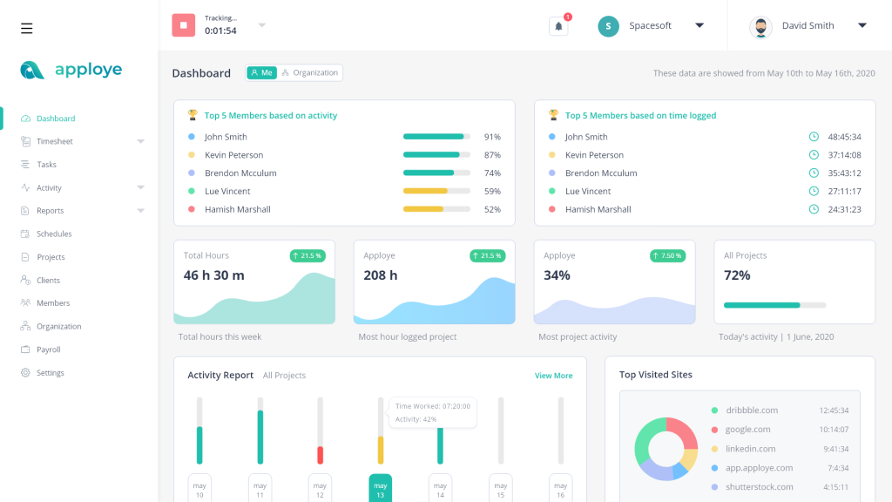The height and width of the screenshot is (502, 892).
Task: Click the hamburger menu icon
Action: (x=27, y=28)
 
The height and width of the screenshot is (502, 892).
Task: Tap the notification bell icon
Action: (x=558, y=26)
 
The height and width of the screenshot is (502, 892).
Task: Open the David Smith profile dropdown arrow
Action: (x=862, y=25)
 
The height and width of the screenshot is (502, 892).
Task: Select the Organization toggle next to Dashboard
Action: (x=310, y=73)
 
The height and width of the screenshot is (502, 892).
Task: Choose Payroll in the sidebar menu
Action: (x=49, y=349)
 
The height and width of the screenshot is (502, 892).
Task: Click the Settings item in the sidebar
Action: (x=50, y=373)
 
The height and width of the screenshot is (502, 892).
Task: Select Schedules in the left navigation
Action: (x=54, y=234)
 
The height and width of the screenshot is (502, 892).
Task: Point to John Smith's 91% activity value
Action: (x=492, y=137)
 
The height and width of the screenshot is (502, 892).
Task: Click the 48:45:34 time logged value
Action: (x=844, y=137)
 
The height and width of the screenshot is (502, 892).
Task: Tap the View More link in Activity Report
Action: (x=553, y=376)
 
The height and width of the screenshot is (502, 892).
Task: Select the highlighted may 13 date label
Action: (x=380, y=489)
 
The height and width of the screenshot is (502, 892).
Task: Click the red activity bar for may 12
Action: (x=321, y=455)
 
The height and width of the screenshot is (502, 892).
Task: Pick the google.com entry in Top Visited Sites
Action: (x=747, y=430)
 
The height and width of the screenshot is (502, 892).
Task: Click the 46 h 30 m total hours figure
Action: (x=213, y=275)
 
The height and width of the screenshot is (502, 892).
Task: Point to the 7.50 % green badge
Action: (x=667, y=255)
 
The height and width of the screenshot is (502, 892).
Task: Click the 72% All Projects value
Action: (x=737, y=275)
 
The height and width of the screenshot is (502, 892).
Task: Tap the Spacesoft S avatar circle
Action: (x=608, y=26)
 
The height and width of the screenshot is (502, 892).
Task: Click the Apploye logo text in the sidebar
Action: (x=88, y=70)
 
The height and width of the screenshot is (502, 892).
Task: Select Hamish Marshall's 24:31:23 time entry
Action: (x=844, y=209)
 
